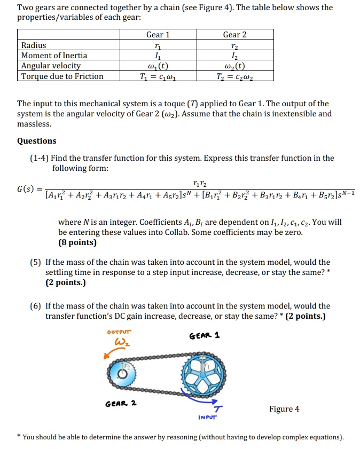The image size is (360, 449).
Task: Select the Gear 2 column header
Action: (x=235, y=35)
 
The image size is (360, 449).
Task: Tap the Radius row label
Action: (x=34, y=45)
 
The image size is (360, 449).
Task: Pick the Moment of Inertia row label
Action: (x=54, y=56)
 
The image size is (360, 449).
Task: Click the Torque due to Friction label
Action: (x=62, y=76)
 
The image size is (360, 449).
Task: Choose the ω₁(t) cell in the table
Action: (x=158, y=66)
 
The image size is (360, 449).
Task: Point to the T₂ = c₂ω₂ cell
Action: (x=235, y=76)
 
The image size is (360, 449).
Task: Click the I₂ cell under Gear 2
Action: (x=235, y=56)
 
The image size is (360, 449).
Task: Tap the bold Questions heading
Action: (x=36, y=141)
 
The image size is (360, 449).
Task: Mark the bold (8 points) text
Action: (x=77, y=242)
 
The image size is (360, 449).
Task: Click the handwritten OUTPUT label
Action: (x=119, y=332)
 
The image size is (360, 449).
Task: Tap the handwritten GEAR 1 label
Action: (x=205, y=336)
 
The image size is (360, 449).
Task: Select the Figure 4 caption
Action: (x=284, y=409)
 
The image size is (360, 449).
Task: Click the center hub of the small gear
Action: (x=123, y=374)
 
